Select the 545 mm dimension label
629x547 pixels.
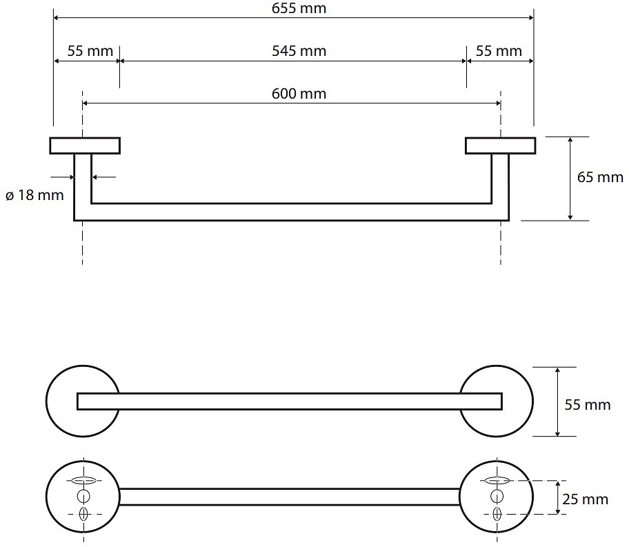pyautogui.click(x=299, y=51)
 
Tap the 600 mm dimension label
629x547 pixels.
pyautogui.click(x=299, y=94)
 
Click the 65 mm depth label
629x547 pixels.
pyautogui.click(x=599, y=177)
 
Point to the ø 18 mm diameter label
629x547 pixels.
pyautogui.click(x=34, y=195)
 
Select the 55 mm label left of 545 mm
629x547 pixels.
pyautogui.click(x=86, y=51)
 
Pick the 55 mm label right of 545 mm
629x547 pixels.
pyautogui.click(x=499, y=51)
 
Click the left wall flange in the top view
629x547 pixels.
pyautogui.click(x=85, y=146)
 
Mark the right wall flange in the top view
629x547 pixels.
pyautogui.click(x=500, y=146)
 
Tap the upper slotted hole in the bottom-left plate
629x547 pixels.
pyautogui.click(x=83, y=480)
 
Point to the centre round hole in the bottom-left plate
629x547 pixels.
pyautogui.click(x=83, y=496)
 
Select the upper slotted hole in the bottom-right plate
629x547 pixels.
pyautogui.click(x=497, y=480)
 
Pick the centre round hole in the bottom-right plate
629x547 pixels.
pyautogui.click(x=497, y=496)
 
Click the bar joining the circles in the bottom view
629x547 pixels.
pyautogui.click(x=290, y=497)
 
